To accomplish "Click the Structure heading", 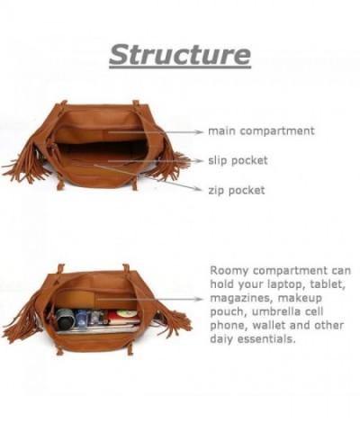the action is (x=180, y=55).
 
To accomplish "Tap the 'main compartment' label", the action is (x=261, y=131).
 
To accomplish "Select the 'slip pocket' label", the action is (x=238, y=160).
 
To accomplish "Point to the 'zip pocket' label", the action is (x=237, y=190).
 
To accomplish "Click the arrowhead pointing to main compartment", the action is (x=199, y=132).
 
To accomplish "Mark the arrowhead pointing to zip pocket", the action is (x=197, y=188).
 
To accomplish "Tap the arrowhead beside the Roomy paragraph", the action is (x=199, y=299).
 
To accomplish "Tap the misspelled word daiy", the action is (x=221, y=339).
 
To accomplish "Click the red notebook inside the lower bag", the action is (x=124, y=318).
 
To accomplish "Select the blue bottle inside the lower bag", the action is (x=82, y=318).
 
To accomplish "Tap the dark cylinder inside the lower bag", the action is (x=65, y=319).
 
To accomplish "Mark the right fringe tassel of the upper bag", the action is (x=172, y=165).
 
